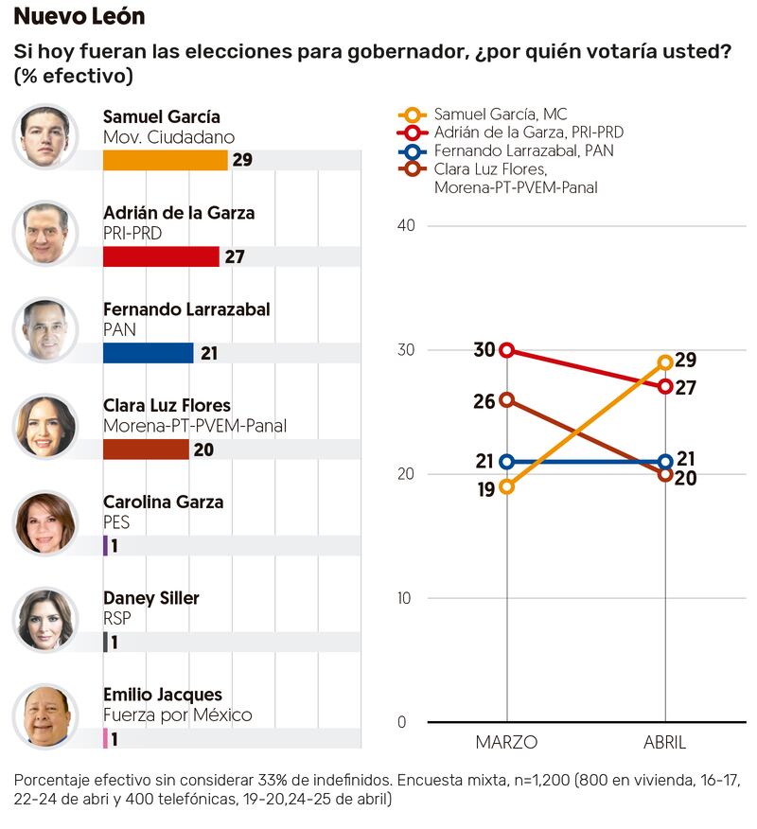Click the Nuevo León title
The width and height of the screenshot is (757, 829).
tap(79, 17)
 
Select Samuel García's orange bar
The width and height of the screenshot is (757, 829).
tap(165, 160)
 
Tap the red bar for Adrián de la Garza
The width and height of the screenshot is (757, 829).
tap(160, 256)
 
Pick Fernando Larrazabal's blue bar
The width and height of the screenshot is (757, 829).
tap(148, 353)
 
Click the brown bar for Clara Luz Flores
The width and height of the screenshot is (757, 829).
tap(146, 450)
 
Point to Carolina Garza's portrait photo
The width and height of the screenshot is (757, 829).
tap(44, 522)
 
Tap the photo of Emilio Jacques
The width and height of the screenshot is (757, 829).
tap(44, 715)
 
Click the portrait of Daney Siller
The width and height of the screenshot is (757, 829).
tap(44, 619)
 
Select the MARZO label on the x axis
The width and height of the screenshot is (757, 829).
tap(506, 743)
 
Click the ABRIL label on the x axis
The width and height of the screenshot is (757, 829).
tap(664, 743)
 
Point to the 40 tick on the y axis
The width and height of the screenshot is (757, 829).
tap(406, 226)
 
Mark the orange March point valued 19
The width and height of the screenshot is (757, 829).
tap(507, 486)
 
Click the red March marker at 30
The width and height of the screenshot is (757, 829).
tap(507, 350)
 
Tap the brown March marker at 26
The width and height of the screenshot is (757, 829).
tap(507, 399)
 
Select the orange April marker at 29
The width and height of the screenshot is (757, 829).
tap(665, 362)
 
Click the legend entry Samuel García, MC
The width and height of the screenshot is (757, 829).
tap(501, 115)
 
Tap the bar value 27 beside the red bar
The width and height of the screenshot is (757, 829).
tap(235, 256)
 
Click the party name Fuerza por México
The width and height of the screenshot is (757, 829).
tap(177, 714)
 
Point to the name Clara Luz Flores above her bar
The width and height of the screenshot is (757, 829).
tap(167, 405)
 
